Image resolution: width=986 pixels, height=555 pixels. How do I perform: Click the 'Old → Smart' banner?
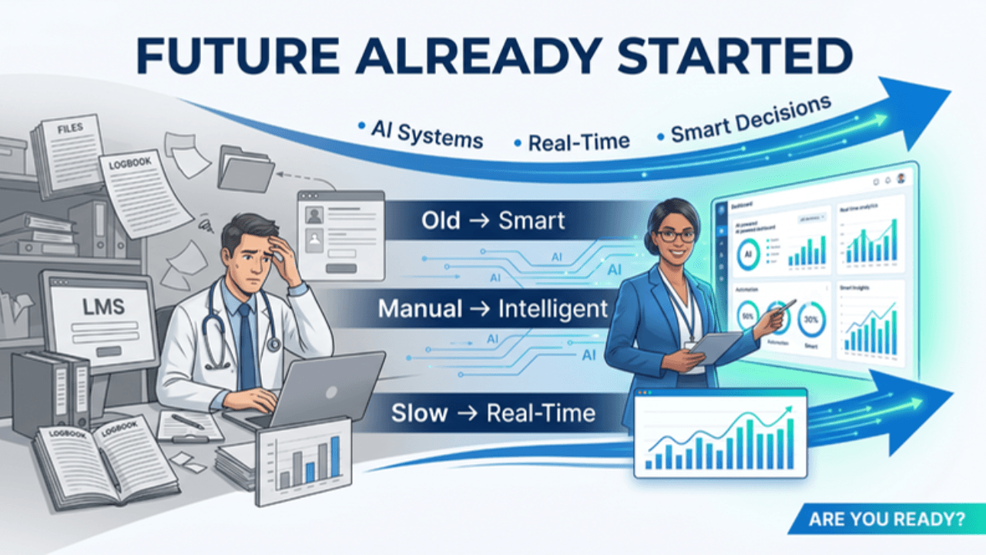(x=493, y=221)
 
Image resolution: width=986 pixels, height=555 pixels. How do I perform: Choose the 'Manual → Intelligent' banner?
(x=493, y=310)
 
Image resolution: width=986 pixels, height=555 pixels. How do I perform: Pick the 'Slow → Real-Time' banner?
(x=493, y=412)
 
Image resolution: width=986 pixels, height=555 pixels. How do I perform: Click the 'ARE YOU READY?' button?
(x=886, y=519)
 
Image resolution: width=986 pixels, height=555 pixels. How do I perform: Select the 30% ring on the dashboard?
(x=811, y=320)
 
